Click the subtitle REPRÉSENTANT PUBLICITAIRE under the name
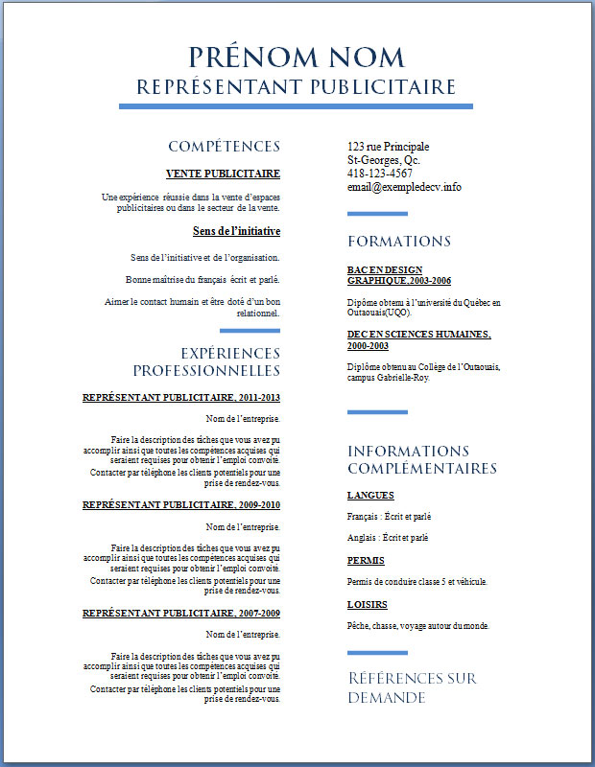click(297, 87)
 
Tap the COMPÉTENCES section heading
click(224, 147)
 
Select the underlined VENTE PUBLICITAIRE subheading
click(223, 174)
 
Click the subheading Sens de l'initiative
click(236, 231)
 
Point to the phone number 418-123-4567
click(380, 174)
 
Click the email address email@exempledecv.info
click(404, 187)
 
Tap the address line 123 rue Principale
click(388, 147)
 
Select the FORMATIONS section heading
click(399, 241)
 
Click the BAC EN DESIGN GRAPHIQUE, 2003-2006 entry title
click(398, 275)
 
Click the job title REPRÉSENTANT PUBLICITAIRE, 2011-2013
click(181, 397)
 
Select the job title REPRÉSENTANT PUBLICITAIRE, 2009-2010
click(181, 504)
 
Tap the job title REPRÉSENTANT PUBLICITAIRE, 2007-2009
click(181, 612)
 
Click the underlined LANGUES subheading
click(370, 496)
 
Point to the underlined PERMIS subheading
click(367, 559)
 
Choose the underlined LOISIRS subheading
click(368, 604)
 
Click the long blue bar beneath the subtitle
click(297, 105)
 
